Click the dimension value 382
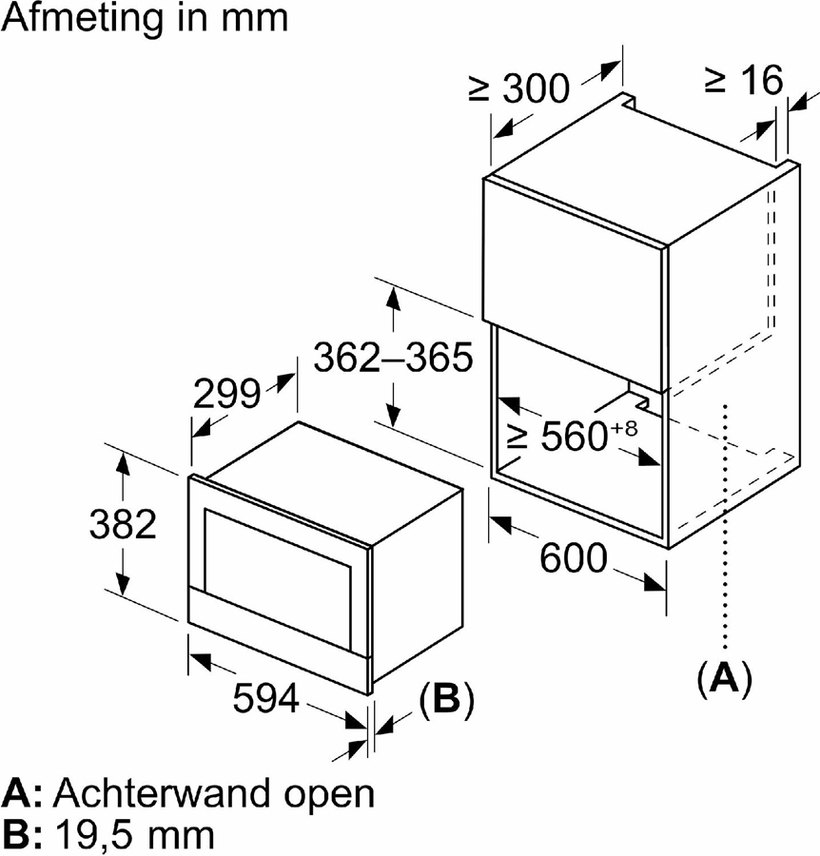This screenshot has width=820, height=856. pos(122,524)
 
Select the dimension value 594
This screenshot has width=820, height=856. pos(266,700)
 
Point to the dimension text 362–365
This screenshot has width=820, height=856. pos(393,359)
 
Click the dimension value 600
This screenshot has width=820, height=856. pos(573,558)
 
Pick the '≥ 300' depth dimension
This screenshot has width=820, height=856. pos(518,88)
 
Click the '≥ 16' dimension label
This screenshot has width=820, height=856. pos(743,81)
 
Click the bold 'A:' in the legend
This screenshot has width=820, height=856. pos(23,793)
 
